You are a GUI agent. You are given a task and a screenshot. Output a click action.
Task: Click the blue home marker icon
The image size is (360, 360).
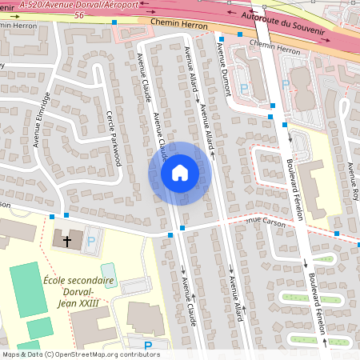180,172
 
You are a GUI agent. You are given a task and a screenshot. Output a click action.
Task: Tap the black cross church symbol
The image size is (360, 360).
67,240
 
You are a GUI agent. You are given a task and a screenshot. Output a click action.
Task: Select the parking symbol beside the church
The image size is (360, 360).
90,240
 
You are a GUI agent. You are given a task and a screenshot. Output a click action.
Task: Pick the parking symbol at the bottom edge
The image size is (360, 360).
148,346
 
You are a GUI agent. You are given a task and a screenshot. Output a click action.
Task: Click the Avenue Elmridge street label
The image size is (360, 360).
42,120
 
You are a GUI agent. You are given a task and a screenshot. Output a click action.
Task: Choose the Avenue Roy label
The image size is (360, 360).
352,181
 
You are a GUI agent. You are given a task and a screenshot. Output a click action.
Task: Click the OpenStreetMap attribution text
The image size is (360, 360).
80,354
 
